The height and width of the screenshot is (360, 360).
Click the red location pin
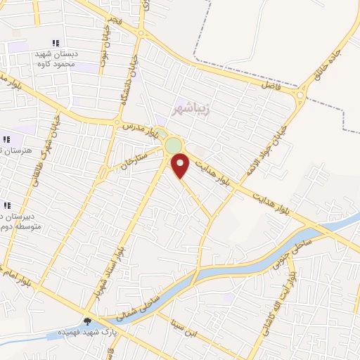(x=181, y=165)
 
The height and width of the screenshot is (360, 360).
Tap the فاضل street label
(x=270, y=84)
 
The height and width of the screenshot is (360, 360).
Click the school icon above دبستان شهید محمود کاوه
(x=56, y=44)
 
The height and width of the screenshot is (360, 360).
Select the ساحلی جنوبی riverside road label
(x=310, y=245)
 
